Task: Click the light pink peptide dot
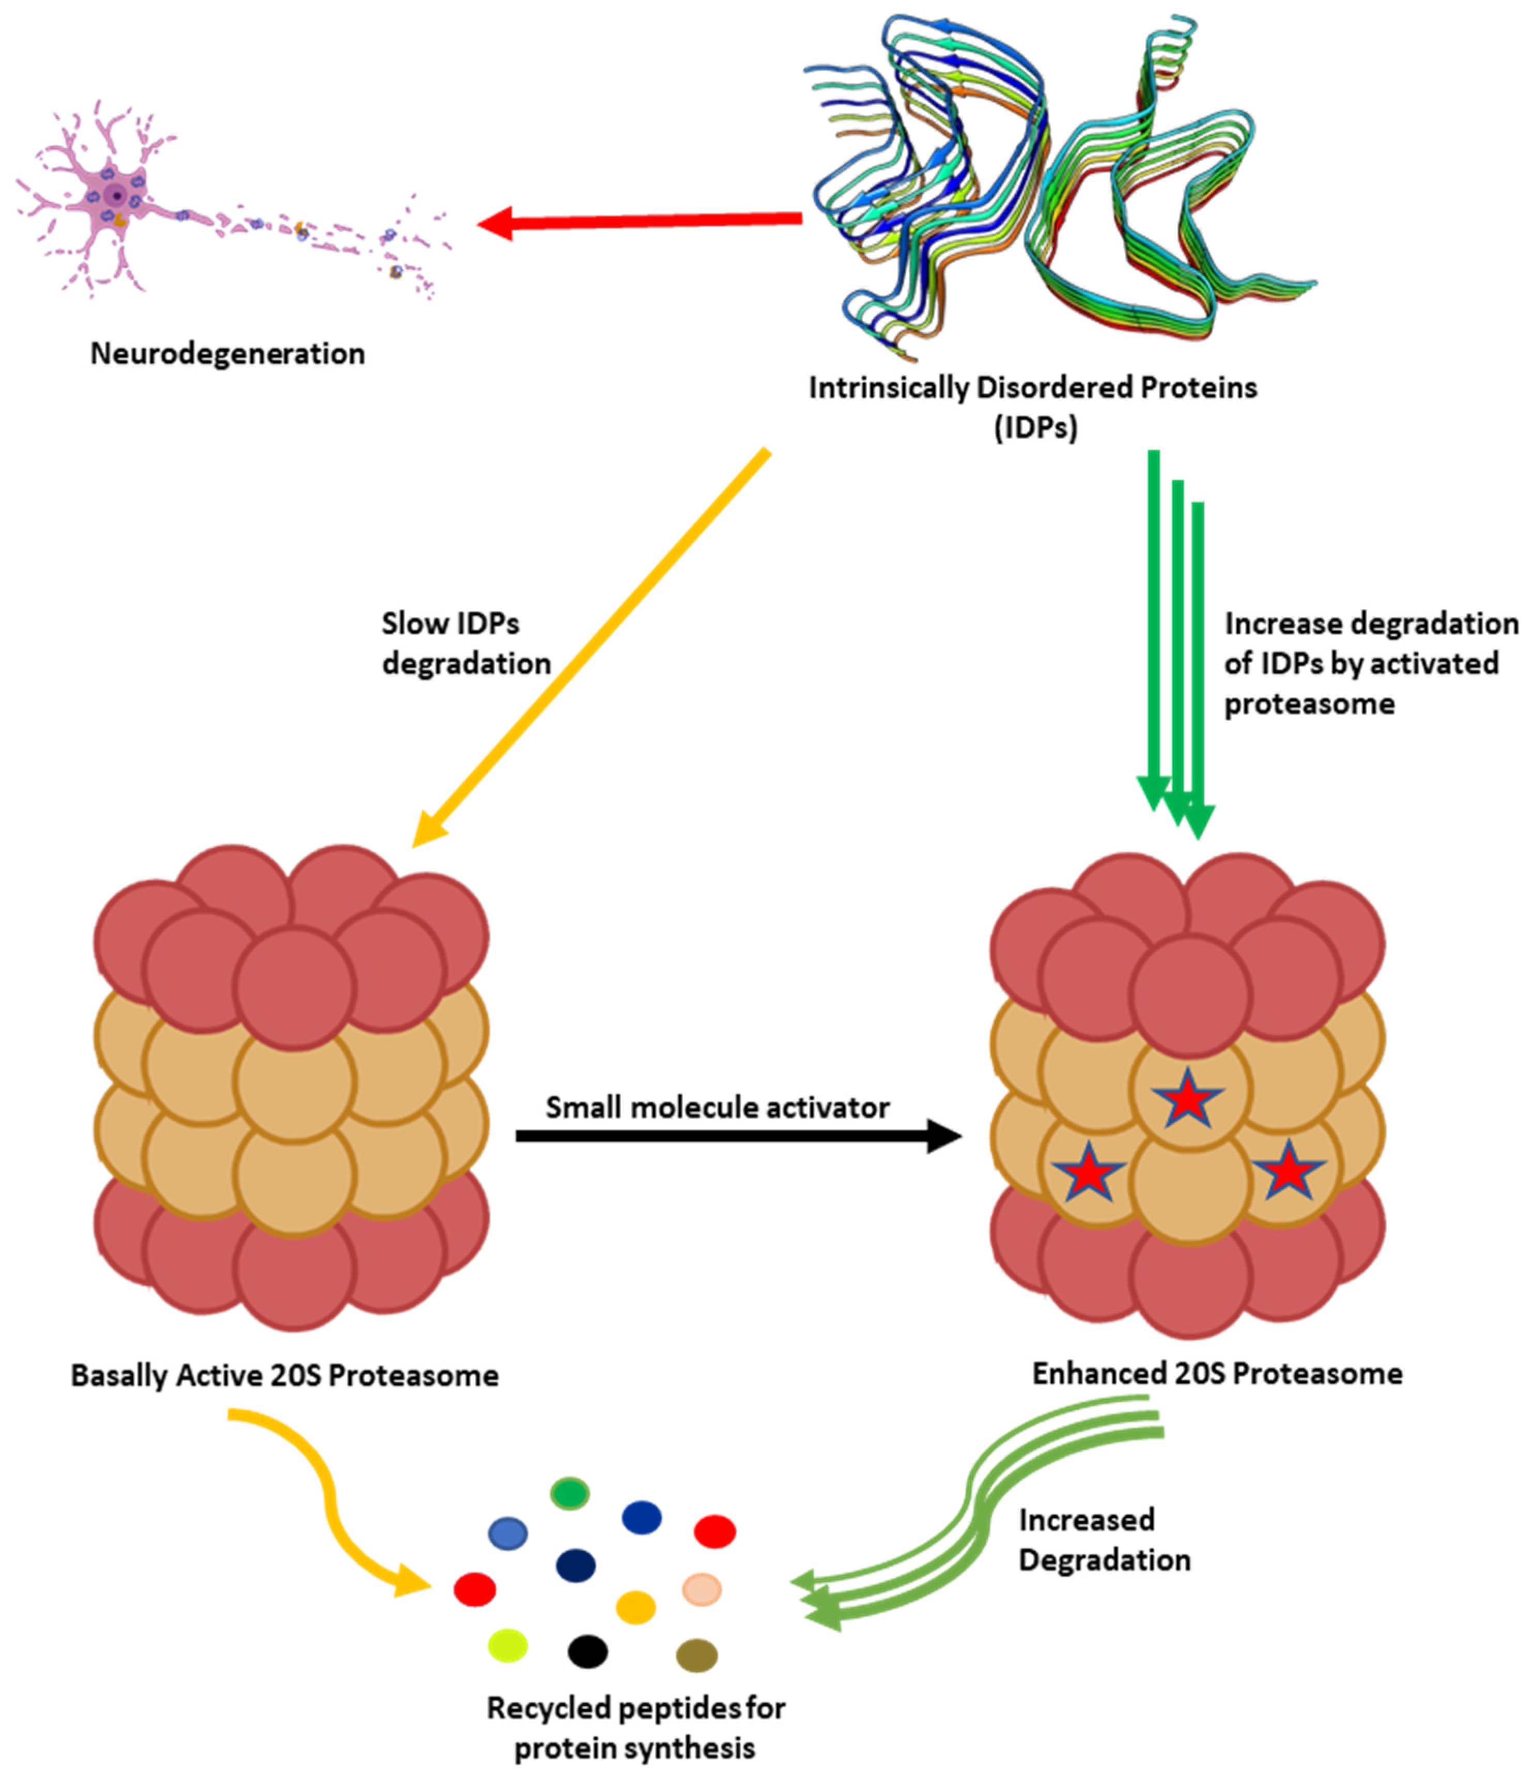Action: point(702,1589)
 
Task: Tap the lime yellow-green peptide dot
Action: point(507,1645)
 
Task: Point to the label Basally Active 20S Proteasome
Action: point(285,1376)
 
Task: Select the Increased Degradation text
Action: point(1104,1539)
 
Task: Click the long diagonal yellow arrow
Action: point(592,647)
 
